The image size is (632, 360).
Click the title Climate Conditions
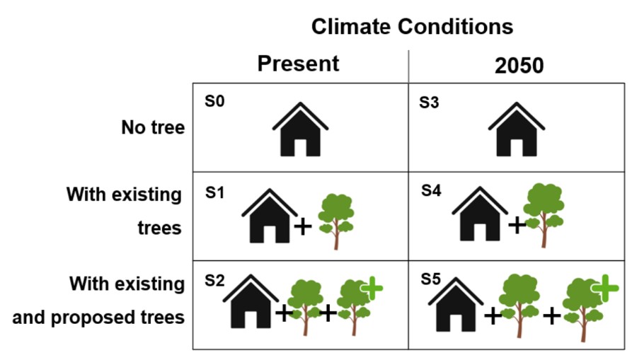point(412,27)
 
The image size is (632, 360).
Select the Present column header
point(298,64)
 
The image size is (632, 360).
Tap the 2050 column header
point(519,65)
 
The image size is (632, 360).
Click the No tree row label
point(153,127)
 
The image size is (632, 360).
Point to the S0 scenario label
point(214,101)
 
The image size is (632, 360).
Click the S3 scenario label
point(429,103)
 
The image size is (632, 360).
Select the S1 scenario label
point(214,192)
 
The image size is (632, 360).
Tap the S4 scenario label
point(431,190)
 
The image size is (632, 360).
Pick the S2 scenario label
point(214,280)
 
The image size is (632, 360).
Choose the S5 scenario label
point(430,279)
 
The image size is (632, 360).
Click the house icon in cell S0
point(300,129)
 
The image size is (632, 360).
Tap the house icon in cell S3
point(517,129)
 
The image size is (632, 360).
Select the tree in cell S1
point(336,221)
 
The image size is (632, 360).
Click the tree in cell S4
point(544,215)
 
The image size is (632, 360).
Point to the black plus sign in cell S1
point(303,227)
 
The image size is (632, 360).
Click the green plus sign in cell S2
point(372,288)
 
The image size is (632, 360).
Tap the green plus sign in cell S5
point(604,288)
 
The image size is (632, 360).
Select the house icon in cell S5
point(456,304)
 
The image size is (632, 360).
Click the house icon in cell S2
point(251,301)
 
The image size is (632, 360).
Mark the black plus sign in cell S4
point(517,225)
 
